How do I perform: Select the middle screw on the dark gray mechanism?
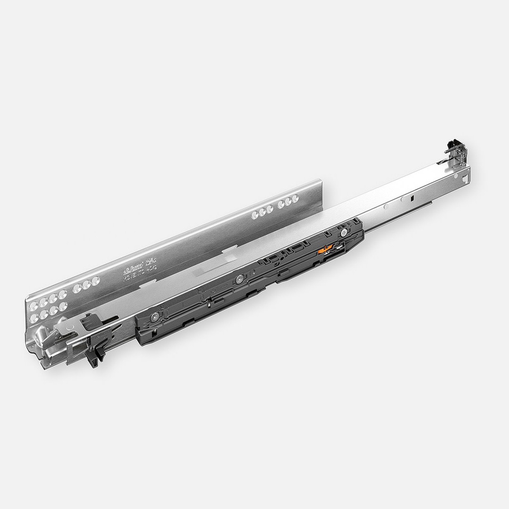click(x=240, y=278)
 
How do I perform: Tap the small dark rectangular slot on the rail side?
click(x=412, y=198)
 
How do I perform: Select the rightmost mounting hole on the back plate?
click(x=295, y=198)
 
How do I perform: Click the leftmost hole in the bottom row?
click(x=34, y=318)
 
